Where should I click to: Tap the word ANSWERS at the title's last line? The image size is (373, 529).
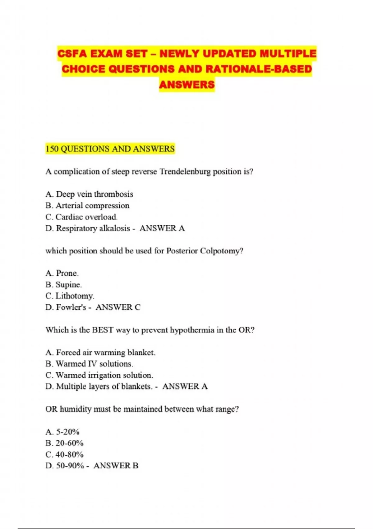coord(187,85)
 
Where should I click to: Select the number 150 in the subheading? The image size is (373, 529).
coord(52,149)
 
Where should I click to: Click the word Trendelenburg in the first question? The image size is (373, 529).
coord(185,171)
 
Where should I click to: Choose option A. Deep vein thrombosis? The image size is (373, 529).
coord(89,194)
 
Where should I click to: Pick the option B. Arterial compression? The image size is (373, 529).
coord(87,206)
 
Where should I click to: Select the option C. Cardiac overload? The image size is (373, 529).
coord(81,217)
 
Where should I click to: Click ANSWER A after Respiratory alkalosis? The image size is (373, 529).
coord(162,228)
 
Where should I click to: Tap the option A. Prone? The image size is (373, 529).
coord(62,273)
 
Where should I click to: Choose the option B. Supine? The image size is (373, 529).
coord(63,285)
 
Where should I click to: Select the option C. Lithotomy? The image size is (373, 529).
coord(70,296)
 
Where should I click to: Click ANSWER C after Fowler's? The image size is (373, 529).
coord(118,307)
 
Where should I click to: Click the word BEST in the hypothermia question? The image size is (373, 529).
coord(103,330)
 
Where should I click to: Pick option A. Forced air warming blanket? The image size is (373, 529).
coord(100,353)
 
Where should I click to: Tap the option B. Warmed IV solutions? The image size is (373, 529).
coord(89,364)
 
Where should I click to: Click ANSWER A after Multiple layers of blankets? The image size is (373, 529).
coord(185,386)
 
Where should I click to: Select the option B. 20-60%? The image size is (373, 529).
coord(64,443)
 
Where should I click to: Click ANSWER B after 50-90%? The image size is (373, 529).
coord(116,466)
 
